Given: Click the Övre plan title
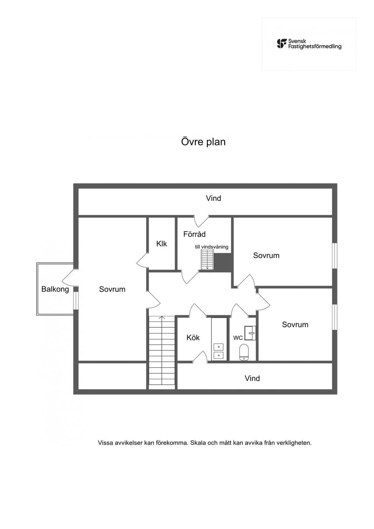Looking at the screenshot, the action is click(203, 142).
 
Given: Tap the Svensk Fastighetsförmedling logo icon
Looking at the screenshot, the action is click(282, 44).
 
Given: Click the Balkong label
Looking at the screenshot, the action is click(55, 289).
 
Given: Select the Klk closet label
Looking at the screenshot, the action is click(161, 244).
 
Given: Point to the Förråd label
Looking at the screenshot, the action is click(194, 234).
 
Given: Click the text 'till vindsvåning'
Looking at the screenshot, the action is click(211, 247).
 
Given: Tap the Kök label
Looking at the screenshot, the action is click(193, 338).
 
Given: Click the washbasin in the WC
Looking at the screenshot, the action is click(250, 333).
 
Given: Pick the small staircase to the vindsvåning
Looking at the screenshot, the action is click(207, 259).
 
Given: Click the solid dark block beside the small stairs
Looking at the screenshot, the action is click(222, 262).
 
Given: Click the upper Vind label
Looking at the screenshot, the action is click(213, 198).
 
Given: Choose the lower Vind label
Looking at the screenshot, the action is click(252, 378).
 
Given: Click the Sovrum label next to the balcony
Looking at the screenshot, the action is click(112, 289).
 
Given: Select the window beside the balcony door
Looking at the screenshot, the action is click(76, 301).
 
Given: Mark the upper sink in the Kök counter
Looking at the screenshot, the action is click(219, 347).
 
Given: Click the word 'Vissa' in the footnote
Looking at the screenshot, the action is click(106, 443).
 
